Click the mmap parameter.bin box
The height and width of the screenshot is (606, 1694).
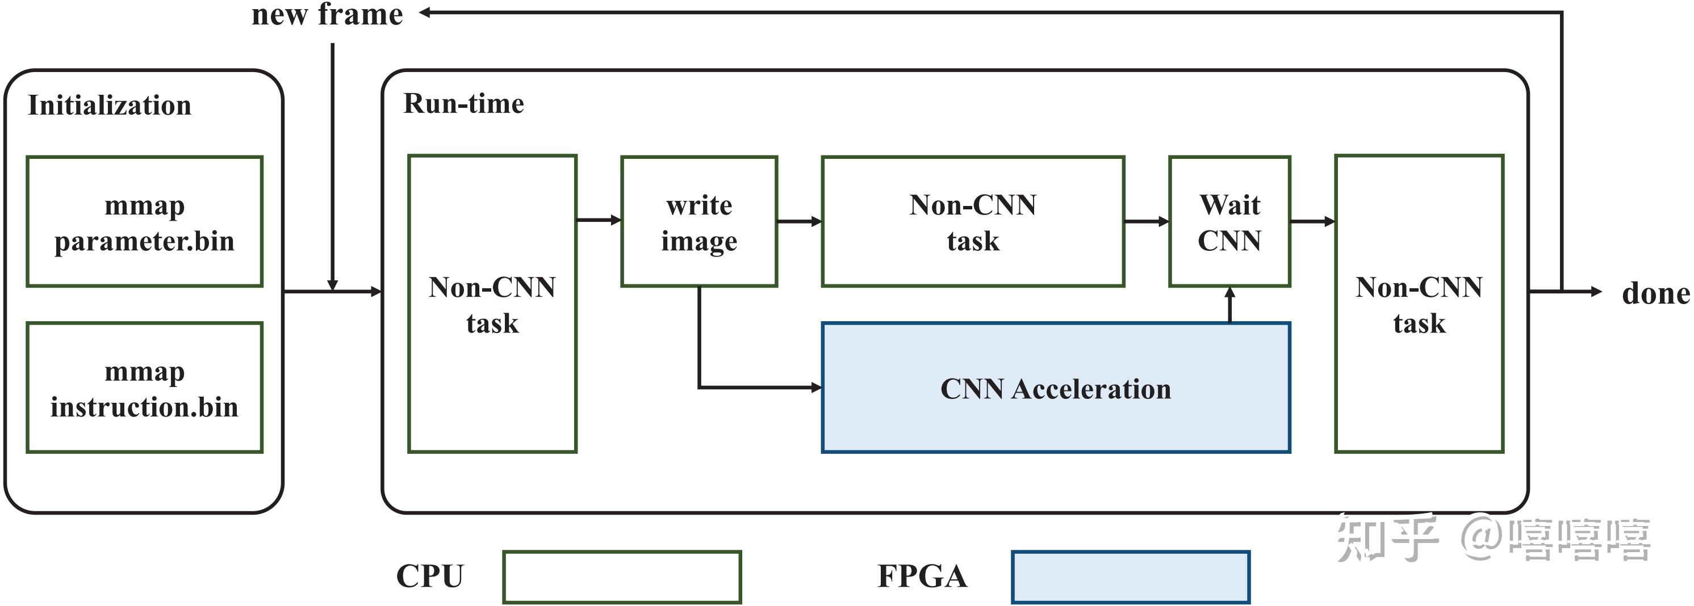[x=145, y=221]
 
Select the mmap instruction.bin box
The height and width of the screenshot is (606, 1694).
[x=145, y=388]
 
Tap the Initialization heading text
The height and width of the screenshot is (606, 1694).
[x=110, y=106]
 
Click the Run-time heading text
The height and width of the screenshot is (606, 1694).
[x=463, y=104]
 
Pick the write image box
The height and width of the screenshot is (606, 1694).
[x=699, y=221]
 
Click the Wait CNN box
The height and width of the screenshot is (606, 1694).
[x=1229, y=221]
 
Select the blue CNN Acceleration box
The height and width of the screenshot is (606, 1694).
[x=1056, y=388]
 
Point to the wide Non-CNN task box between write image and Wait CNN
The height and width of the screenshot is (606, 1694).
[x=973, y=221]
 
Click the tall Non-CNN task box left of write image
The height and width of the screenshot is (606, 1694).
[x=492, y=304]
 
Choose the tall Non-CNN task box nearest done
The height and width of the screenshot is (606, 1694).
[x=1419, y=304]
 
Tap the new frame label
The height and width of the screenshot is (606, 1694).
[x=327, y=14]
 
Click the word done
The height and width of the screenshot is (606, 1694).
[x=1655, y=293]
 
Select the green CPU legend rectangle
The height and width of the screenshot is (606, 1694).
[x=621, y=576]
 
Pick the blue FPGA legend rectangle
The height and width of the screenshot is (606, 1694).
[x=1130, y=576]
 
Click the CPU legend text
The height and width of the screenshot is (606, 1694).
[x=429, y=576]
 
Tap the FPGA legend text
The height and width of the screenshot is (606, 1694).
[x=922, y=576]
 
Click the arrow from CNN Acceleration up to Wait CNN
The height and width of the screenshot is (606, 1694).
[x=1229, y=304]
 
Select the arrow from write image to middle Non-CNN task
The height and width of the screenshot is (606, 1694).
[x=799, y=221]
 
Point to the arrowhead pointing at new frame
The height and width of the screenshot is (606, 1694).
[x=425, y=12]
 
